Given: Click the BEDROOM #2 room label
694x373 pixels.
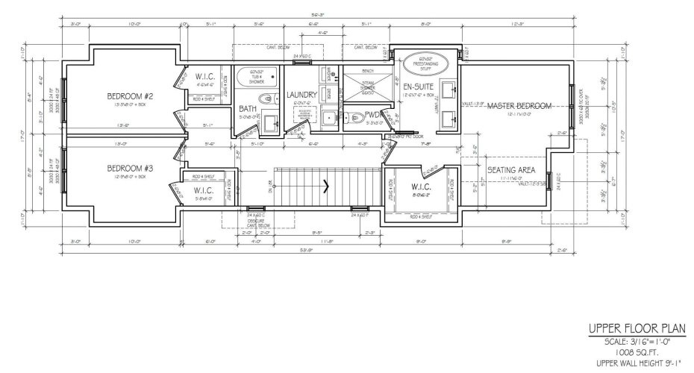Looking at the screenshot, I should pyautogui.click(x=130, y=96).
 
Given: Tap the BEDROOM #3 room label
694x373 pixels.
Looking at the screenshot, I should pyautogui.click(x=130, y=168).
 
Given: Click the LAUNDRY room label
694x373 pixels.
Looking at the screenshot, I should pyautogui.click(x=301, y=95).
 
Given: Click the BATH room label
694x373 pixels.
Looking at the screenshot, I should pyautogui.click(x=248, y=108).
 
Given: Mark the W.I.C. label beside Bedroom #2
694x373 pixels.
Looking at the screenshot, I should pyautogui.click(x=206, y=77).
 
